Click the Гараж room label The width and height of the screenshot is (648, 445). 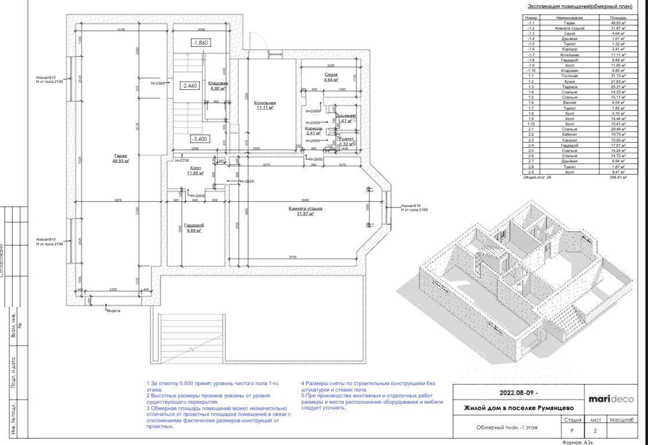click(x=121, y=155)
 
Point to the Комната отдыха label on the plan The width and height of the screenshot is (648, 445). click(x=305, y=208)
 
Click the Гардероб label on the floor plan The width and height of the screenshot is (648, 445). click(x=194, y=225)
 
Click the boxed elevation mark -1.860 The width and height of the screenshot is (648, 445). click(x=200, y=42)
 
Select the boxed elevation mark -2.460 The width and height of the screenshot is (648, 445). click(x=189, y=85)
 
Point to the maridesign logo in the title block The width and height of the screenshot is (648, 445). click(x=611, y=399)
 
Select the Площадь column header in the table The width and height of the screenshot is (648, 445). click(x=617, y=18)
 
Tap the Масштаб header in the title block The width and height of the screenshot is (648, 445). click(x=620, y=419)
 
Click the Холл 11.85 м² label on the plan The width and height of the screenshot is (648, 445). click(x=195, y=170)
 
